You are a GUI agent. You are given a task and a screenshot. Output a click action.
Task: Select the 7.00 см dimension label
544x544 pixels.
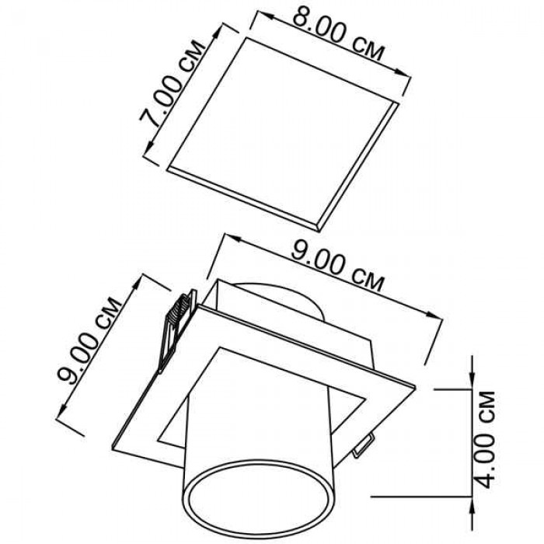tap(173, 84)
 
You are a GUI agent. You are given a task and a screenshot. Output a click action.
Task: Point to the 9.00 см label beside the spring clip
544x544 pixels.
tap(90, 340)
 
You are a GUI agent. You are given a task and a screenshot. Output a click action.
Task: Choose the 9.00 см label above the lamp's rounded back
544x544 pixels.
tap(337, 266)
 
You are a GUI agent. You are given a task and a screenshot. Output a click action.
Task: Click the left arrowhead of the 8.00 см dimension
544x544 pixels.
tap(263, 15)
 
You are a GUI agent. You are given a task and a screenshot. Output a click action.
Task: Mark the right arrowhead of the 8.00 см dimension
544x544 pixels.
tap(403, 73)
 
